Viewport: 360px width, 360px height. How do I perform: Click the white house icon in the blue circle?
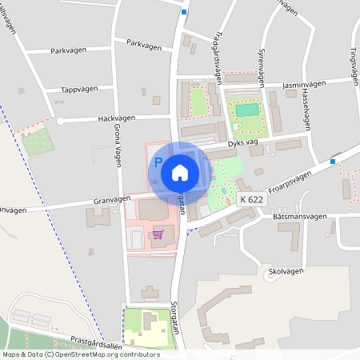180,171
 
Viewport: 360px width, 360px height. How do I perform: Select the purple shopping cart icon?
158,234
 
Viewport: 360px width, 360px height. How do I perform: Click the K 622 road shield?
251,199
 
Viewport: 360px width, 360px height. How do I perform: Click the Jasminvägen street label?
304,83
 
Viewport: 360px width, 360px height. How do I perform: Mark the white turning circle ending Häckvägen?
59,121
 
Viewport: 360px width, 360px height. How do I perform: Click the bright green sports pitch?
247,110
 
